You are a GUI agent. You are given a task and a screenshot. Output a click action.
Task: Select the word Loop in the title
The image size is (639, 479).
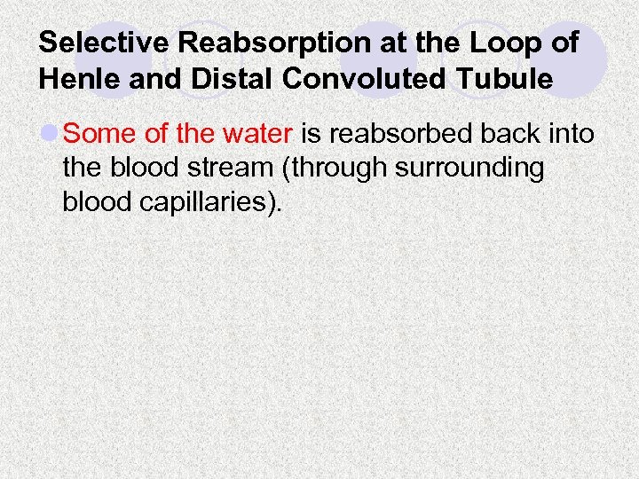pos(501,43)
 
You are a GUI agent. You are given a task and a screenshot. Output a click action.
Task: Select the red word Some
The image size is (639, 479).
pos(95,135)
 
